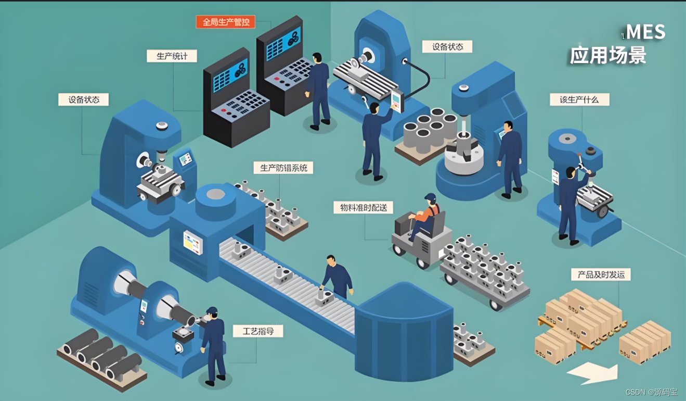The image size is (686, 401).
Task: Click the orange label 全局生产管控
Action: (x=225, y=22)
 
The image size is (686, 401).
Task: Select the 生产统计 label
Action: (x=172, y=56)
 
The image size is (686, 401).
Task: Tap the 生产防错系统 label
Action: (x=283, y=168)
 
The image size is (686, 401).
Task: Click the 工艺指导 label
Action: (x=258, y=331)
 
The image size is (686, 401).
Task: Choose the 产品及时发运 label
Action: (x=598, y=274)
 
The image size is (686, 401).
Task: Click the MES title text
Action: (x=645, y=32)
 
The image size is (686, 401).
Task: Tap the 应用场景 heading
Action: (x=607, y=55)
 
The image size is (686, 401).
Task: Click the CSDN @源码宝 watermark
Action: (x=654, y=392)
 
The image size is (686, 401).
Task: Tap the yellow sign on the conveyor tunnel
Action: (x=192, y=242)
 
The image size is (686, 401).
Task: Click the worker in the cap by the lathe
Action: (x=213, y=344)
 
